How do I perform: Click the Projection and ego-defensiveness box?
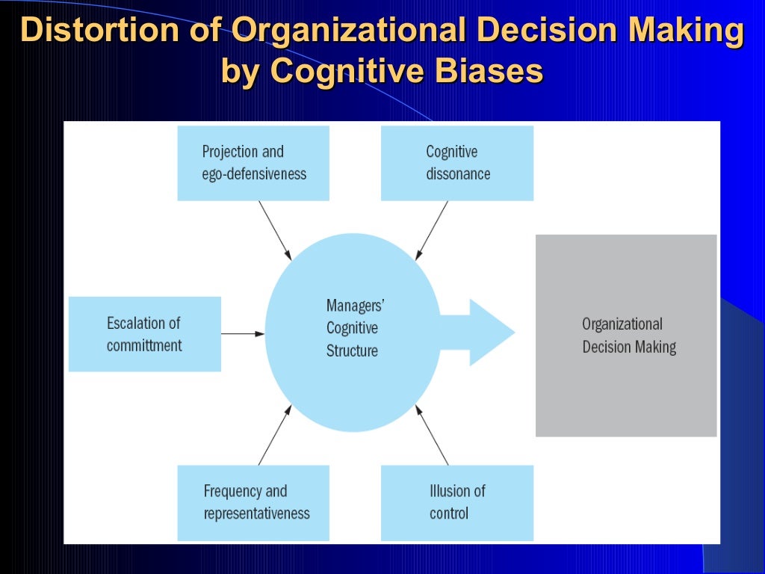click(x=253, y=163)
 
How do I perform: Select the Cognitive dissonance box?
click(x=456, y=163)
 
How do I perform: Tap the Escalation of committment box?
click(x=144, y=334)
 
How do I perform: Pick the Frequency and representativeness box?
click(x=253, y=502)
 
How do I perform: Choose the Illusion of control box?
click(x=456, y=502)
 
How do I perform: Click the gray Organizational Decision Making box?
click(x=626, y=335)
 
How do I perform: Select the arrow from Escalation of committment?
click(x=243, y=333)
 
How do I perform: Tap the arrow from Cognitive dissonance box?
click(x=432, y=230)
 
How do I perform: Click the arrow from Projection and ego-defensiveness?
click(x=275, y=230)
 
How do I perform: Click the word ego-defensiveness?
click(x=254, y=174)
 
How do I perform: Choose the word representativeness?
click(x=256, y=513)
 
